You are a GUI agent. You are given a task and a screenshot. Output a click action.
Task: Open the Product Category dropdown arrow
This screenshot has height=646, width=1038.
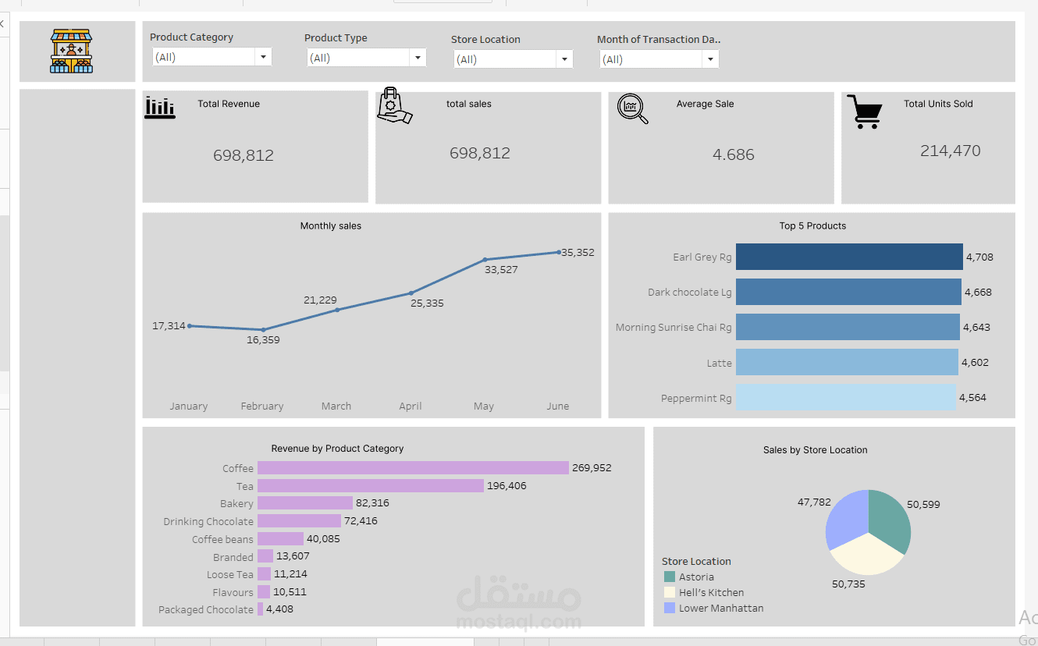point(263,57)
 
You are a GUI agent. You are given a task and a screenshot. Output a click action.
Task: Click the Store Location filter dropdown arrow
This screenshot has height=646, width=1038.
point(564,59)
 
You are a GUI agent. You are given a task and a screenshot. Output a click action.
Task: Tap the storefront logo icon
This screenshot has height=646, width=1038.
point(71,51)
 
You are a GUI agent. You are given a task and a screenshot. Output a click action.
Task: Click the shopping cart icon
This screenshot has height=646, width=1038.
point(865,112)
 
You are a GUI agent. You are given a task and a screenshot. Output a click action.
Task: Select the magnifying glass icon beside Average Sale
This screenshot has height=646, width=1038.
point(632,108)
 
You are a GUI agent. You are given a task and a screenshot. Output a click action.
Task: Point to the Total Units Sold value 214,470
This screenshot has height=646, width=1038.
point(950,151)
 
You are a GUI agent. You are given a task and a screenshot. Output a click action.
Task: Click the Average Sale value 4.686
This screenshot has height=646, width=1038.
point(733,154)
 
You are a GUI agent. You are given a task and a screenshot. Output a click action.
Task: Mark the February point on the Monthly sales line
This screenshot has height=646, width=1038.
point(263,330)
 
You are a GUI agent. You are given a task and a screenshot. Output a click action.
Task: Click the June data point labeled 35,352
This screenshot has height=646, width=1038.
point(559,252)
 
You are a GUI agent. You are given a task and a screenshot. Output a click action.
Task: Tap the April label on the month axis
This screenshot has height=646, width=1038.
point(410,406)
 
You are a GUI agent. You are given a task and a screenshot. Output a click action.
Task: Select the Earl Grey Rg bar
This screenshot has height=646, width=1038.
point(849,257)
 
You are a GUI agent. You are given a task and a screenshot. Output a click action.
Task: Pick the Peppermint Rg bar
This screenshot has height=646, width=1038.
point(846,397)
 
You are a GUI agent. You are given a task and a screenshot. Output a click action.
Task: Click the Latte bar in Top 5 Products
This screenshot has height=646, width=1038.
point(847,362)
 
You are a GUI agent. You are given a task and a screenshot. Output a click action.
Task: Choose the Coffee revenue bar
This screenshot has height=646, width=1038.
point(413,467)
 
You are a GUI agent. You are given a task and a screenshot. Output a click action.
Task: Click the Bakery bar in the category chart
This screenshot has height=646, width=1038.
point(305,503)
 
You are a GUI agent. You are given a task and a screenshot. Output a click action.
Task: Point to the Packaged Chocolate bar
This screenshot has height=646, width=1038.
point(260,609)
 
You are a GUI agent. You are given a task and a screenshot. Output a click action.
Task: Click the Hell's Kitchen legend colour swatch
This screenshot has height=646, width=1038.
point(669,592)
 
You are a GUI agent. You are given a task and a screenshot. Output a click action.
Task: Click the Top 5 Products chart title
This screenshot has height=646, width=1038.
point(812,226)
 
